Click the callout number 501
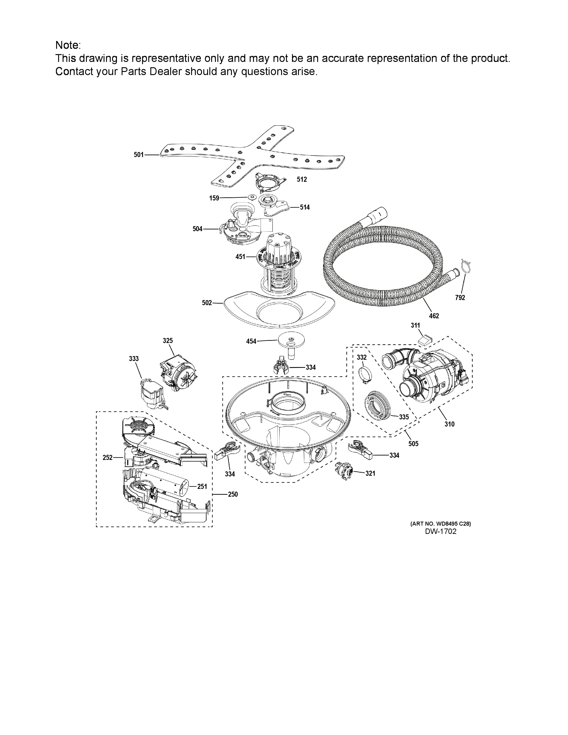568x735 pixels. (139, 155)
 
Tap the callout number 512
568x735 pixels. (302, 179)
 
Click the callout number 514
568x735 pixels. (305, 207)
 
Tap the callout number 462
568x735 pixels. (434, 316)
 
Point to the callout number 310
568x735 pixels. (449, 424)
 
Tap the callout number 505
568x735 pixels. (414, 443)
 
